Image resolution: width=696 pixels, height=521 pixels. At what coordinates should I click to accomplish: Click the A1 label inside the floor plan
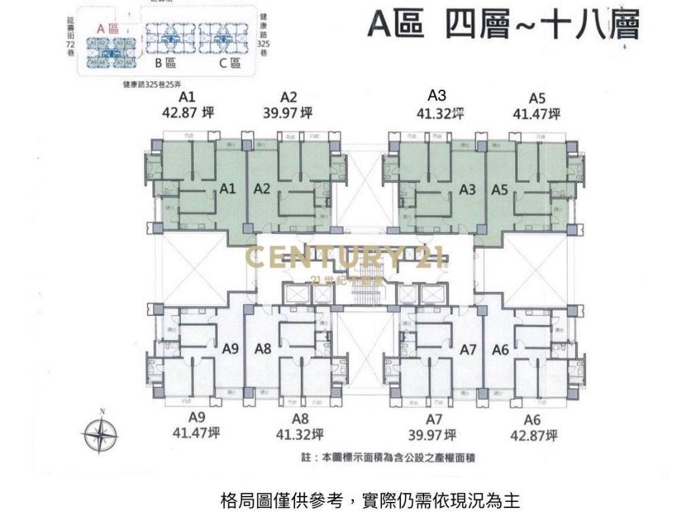click(228, 189)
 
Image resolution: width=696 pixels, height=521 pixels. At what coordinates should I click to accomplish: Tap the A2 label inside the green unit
click(262, 189)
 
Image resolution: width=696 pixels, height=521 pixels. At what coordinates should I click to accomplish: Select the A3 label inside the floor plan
click(467, 190)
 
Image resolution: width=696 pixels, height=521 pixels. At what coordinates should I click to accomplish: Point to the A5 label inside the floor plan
click(500, 190)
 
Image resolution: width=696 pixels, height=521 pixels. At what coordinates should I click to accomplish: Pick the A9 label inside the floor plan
click(230, 349)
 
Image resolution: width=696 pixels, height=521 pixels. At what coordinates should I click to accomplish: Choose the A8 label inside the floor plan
click(263, 349)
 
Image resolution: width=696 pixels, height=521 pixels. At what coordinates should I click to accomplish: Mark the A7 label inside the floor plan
click(468, 350)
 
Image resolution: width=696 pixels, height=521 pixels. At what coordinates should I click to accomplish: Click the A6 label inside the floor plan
click(500, 350)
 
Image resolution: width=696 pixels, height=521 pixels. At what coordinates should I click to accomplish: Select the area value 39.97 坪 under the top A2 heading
click(288, 113)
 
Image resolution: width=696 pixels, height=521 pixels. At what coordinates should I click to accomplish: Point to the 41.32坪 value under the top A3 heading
click(440, 114)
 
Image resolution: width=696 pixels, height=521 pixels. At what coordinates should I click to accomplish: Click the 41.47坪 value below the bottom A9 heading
click(196, 433)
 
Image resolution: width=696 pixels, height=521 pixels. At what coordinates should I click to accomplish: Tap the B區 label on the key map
click(165, 63)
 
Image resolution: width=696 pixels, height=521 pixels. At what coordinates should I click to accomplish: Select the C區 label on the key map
click(230, 63)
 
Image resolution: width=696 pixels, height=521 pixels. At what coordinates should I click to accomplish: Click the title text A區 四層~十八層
click(504, 25)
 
